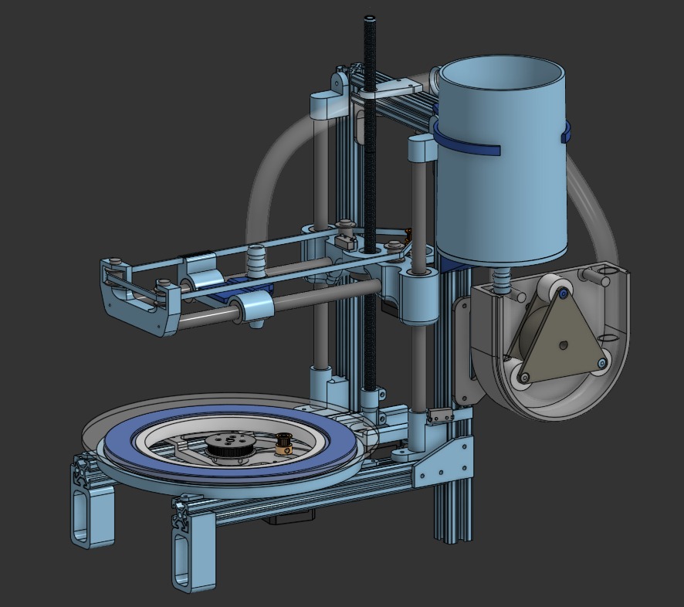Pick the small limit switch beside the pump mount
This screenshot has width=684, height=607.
(x=439, y=416)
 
